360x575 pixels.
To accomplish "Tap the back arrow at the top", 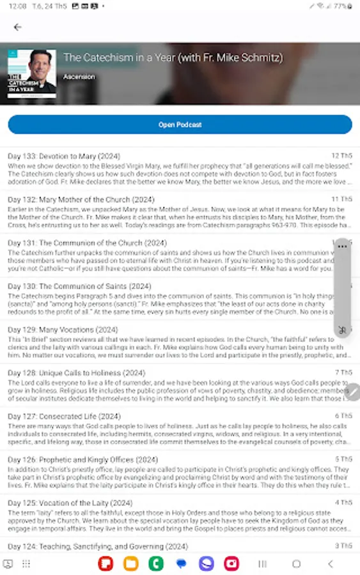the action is (x=17, y=27).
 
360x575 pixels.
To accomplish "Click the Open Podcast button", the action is (x=180, y=125).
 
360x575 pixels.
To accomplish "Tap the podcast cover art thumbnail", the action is (x=32, y=73).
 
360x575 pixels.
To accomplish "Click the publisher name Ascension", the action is (x=79, y=77).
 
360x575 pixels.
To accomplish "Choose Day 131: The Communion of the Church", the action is (x=87, y=243).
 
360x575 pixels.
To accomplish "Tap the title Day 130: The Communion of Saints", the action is (x=79, y=286).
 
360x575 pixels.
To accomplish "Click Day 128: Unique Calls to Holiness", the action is (x=76, y=373).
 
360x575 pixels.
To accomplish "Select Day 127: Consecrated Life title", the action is (x=64, y=417).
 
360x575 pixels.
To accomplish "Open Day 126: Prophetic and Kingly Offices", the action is (x=82, y=459).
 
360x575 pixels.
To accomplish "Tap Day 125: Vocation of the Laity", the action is (x=70, y=503).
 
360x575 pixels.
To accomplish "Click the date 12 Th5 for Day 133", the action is (x=341, y=156).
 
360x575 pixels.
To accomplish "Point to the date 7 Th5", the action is (x=343, y=372).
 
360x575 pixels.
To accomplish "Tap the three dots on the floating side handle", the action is (x=343, y=247).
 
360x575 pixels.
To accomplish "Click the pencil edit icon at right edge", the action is (x=353, y=392).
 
